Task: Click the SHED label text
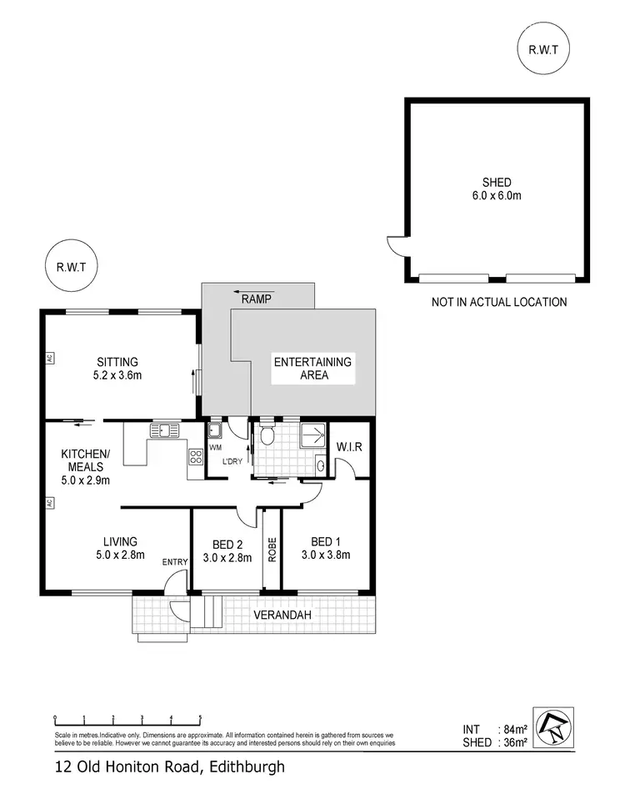click(496, 183)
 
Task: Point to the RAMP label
click(257, 298)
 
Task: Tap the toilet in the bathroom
click(267, 435)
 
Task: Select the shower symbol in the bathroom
click(314, 435)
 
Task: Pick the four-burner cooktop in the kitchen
click(197, 456)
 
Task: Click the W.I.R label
click(349, 447)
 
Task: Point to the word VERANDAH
click(283, 616)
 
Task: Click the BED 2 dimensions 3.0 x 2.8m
click(227, 558)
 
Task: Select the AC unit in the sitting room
click(50, 359)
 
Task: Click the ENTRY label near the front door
click(175, 562)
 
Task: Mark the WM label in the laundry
click(215, 446)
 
